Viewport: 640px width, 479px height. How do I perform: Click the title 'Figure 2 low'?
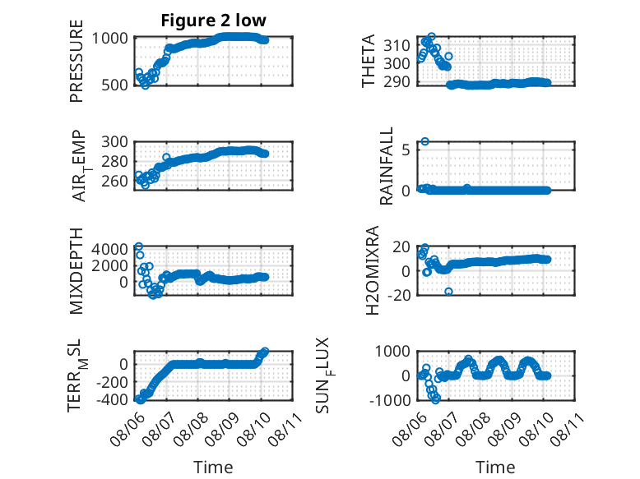(x=213, y=21)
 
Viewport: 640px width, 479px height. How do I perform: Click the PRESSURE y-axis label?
(x=77, y=61)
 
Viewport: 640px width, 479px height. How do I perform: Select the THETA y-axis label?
(x=369, y=61)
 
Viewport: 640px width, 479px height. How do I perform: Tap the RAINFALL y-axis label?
(x=386, y=165)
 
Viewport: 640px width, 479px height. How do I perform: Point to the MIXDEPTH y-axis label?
(x=77, y=270)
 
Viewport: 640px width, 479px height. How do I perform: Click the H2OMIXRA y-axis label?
(x=373, y=270)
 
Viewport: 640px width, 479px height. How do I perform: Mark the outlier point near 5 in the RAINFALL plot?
(x=425, y=141)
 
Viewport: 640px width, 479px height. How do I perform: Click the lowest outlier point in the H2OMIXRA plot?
(x=448, y=292)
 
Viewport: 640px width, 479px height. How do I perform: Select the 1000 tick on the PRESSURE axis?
(x=109, y=39)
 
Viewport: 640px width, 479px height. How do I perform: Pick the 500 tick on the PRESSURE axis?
(x=114, y=85)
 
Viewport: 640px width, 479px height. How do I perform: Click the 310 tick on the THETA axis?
(x=397, y=45)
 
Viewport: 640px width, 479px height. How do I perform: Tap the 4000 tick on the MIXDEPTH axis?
(x=109, y=249)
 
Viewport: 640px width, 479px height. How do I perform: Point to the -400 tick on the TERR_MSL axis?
(x=112, y=399)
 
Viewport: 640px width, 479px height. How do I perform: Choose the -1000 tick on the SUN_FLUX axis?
(x=390, y=400)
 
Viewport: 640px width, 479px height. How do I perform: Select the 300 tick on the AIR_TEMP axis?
(x=114, y=142)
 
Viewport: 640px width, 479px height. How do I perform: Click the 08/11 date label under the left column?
(x=285, y=428)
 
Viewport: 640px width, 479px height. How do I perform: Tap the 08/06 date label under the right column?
(x=410, y=428)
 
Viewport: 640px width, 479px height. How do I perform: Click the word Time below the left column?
(x=213, y=467)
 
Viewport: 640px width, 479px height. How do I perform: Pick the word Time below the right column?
(x=495, y=467)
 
